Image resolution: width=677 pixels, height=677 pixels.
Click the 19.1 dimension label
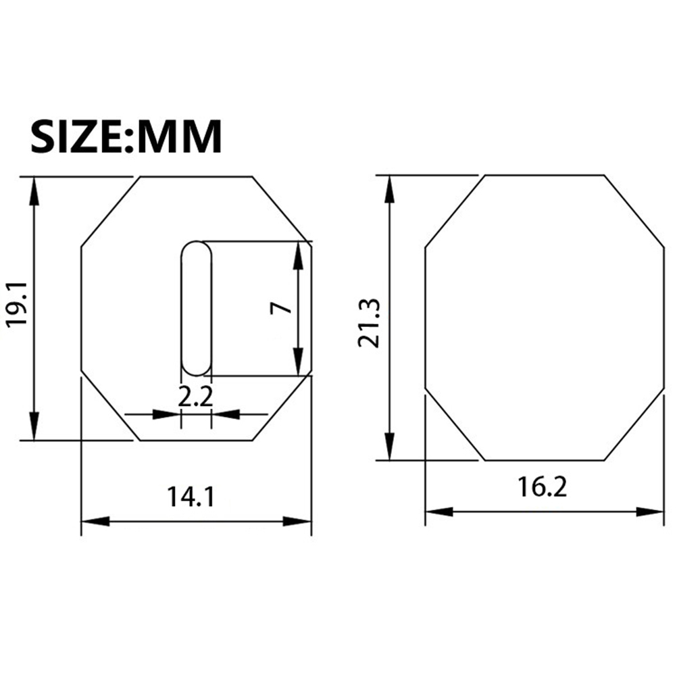18,305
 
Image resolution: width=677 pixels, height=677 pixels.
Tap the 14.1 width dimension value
191,497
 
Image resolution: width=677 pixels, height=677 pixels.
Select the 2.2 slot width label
195,397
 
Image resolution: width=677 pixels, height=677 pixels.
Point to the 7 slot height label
281,308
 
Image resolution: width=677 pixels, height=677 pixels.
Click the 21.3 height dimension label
369,323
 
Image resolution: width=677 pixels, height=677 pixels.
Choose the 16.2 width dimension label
543,487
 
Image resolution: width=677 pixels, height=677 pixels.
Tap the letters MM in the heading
179,136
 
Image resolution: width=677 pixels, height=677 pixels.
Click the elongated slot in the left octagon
197,308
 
